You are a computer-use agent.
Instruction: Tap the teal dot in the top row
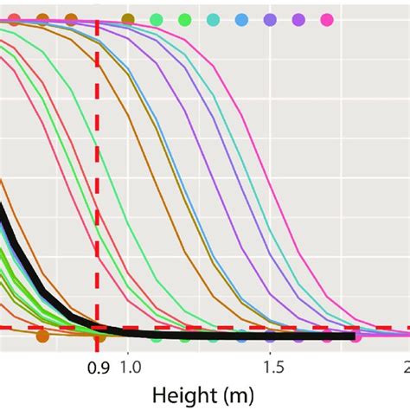pos(213,19)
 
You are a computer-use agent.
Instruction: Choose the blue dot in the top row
pos(241,19)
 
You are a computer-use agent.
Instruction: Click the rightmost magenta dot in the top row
pos(327,19)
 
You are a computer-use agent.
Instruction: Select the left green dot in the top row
pos(156,19)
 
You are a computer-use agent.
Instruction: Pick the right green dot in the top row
pos(184,19)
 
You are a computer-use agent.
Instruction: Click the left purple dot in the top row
pos(270,19)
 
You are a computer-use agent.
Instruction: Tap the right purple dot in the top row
pos(298,19)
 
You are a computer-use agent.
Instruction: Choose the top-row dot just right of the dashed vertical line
pos(128,19)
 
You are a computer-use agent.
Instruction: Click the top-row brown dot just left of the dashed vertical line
pos(71,19)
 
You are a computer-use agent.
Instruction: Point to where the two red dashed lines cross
pos(96,328)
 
